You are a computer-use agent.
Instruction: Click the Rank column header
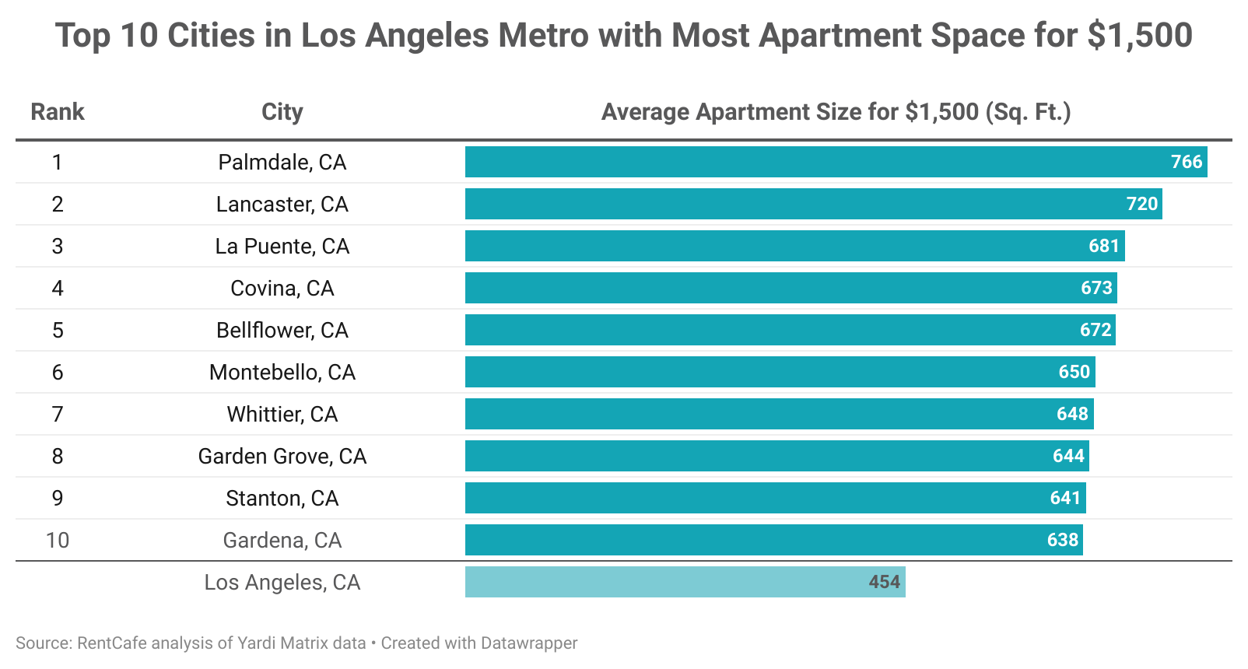(x=57, y=112)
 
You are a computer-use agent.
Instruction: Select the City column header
(x=282, y=112)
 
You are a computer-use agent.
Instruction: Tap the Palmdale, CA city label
(x=282, y=162)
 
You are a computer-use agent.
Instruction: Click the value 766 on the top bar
(x=1187, y=162)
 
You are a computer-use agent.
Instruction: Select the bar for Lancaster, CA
(x=813, y=204)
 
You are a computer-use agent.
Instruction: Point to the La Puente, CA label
(x=282, y=246)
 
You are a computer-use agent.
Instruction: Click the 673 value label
(x=1096, y=288)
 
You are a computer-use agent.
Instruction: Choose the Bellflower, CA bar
(x=790, y=330)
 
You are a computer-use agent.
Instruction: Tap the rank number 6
(x=58, y=372)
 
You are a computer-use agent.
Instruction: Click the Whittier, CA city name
(x=282, y=414)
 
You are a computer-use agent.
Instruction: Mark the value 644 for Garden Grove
(x=1068, y=456)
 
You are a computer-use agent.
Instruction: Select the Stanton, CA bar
(x=775, y=498)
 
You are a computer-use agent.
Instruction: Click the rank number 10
(x=58, y=540)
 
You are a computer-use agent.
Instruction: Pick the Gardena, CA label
(x=282, y=540)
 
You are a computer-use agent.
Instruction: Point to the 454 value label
(x=884, y=582)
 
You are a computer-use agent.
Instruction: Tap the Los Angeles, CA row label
(x=282, y=582)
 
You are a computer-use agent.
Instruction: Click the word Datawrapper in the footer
(x=529, y=643)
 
